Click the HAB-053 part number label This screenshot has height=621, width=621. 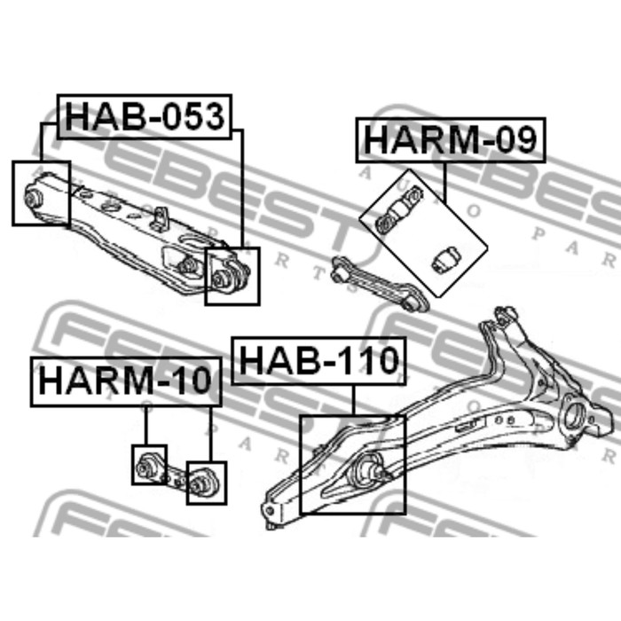145,117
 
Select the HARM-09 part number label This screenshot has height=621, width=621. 451,140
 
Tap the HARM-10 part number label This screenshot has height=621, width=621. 125,381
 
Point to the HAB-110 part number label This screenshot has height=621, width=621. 318,360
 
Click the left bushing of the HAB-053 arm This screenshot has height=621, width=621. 34,197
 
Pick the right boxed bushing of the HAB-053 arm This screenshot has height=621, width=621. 220,279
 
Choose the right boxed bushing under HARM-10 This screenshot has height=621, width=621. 202,483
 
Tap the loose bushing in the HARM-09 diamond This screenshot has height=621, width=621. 446,259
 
